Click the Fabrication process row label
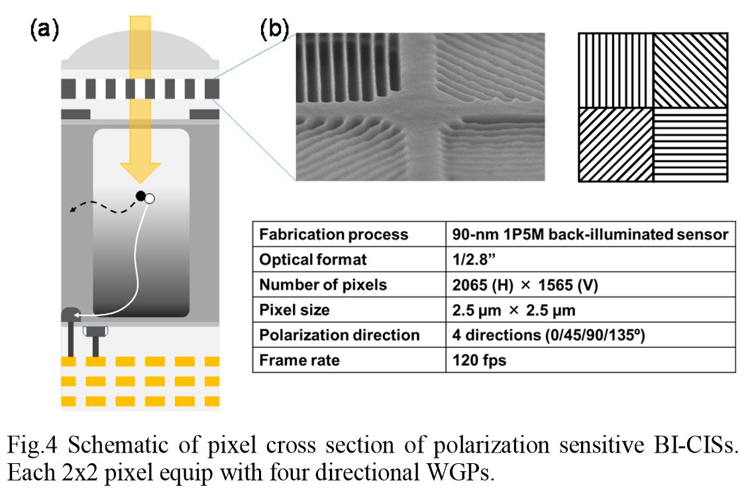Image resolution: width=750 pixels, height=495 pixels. point(333,235)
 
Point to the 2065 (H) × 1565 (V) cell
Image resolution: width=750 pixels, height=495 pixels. point(525,284)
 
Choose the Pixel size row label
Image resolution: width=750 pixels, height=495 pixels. point(294,309)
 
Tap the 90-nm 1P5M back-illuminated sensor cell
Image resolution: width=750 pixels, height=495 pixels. point(590,235)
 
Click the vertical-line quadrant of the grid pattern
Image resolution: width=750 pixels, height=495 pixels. point(616,70)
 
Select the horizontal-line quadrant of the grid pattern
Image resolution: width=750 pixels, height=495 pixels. point(691,144)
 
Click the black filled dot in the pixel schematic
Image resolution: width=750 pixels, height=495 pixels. point(140,195)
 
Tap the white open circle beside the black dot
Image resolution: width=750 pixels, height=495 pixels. point(150,198)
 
